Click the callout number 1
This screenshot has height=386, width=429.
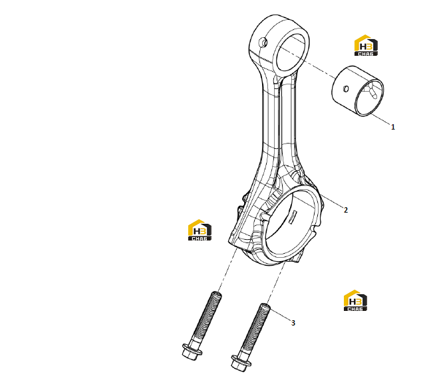[x=393, y=127]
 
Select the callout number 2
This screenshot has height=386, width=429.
[x=346, y=210]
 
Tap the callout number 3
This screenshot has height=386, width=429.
[x=293, y=323]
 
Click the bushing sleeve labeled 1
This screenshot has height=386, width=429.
[x=358, y=91]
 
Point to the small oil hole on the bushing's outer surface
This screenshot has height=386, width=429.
[x=346, y=88]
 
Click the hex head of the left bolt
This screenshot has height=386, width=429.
[x=192, y=352]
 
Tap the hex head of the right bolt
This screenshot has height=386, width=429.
[x=240, y=363]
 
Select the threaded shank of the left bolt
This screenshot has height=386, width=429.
[x=207, y=317]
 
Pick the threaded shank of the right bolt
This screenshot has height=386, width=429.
[x=255, y=329]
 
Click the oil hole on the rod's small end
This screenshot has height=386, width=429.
[x=264, y=43]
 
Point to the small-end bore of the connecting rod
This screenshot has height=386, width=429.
[x=290, y=53]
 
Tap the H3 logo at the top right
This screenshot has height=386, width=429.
[x=366, y=45]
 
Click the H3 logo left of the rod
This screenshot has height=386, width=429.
[x=200, y=230]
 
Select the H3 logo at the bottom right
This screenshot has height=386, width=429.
[x=355, y=300]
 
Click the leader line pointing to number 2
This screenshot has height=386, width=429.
[x=331, y=202]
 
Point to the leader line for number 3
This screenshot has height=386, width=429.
[x=280, y=314]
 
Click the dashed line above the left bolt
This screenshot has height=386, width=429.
[x=227, y=270]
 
